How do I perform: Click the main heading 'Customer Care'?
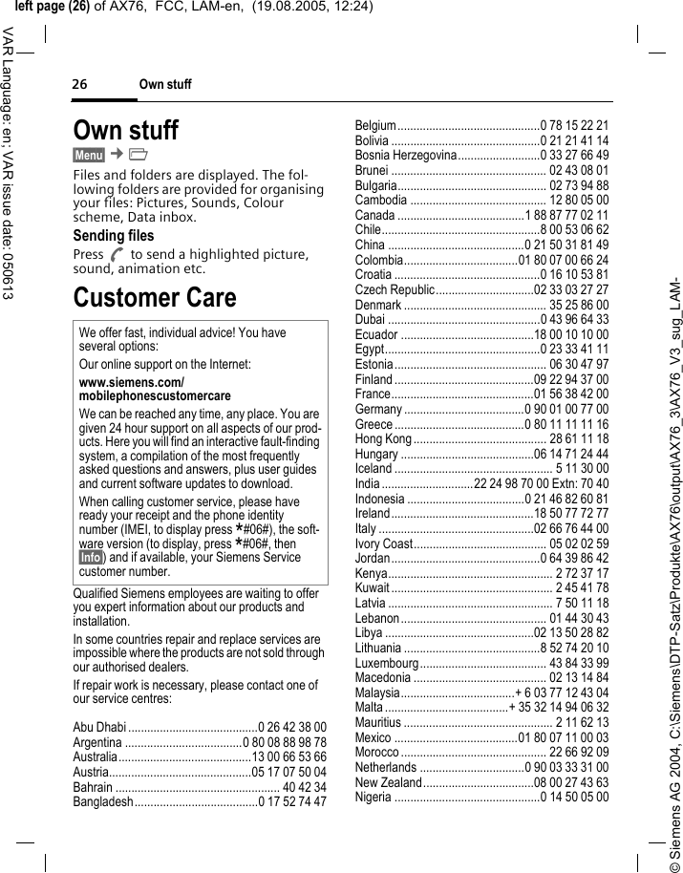click(155, 297)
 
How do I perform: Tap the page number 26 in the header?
click(80, 85)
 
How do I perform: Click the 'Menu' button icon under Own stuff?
click(89, 155)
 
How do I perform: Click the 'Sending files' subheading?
click(113, 235)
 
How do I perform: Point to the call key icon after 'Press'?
click(117, 255)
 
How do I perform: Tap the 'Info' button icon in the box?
click(92, 557)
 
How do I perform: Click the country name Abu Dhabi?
click(99, 727)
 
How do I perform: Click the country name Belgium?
click(375, 125)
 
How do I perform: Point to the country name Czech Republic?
click(395, 289)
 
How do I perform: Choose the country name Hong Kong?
click(383, 438)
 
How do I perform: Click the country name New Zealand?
click(388, 782)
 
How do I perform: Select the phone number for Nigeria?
click(575, 797)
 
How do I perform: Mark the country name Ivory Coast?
click(383, 543)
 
